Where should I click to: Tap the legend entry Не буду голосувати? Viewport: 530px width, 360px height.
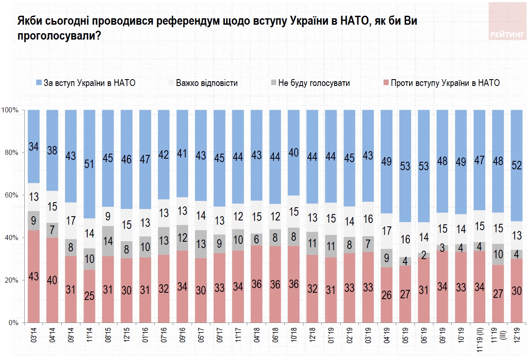tap(314, 83)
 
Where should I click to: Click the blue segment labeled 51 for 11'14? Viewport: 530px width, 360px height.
tap(89, 164)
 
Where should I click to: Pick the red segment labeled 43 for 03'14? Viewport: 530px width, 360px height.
tap(34, 277)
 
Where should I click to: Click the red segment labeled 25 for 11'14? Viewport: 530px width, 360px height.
tap(89, 296)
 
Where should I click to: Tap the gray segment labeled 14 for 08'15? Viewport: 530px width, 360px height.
tap(108, 241)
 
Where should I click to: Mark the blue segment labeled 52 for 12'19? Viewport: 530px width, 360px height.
tap(517, 166)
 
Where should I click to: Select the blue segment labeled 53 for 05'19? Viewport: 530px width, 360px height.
tap(405, 166)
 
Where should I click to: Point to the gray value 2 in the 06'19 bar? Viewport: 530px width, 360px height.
tap(424, 255)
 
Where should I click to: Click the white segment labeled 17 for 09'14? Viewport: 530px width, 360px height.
tap(71, 221)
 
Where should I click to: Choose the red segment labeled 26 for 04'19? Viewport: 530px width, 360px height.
tap(387, 295)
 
